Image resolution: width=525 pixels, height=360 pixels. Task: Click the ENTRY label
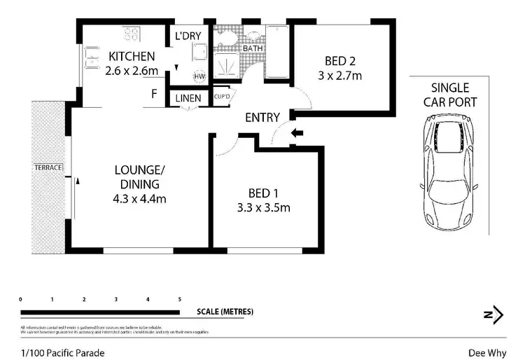(x=262, y=118)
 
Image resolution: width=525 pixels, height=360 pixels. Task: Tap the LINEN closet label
(x=188, y=98)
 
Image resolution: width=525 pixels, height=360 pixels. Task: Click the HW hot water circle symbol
(x=199, y=76)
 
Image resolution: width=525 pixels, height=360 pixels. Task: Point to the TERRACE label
(x=48, y=168)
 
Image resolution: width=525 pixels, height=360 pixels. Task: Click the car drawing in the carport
(x=449, y=171)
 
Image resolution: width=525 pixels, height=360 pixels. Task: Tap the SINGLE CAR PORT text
(x=454, y=95)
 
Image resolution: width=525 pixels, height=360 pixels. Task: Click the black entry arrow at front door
(x=297, y=132)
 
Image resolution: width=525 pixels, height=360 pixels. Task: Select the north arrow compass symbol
(x=493, y=314)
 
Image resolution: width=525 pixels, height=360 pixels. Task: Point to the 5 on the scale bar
(x=180, y=299)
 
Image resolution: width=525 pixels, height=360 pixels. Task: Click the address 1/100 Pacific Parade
(x=62, y=353)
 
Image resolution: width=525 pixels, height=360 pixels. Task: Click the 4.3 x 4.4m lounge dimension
(x=140, y=198)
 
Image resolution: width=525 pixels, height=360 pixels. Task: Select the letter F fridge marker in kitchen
(x=153, y=92)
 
